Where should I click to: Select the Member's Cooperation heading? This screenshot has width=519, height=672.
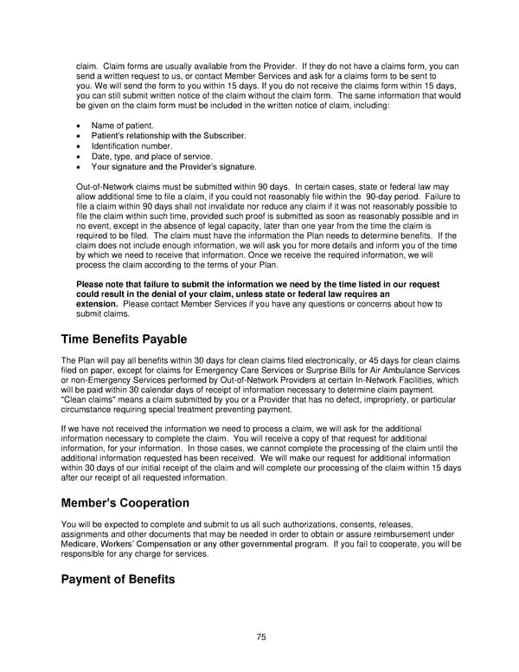pyautogui.click(x=125, y=502)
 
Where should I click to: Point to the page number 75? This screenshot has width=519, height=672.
pyautogui.click(x=260, y=637)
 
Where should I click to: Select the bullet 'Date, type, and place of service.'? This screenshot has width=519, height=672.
pyautogui.click(x=151, y=157)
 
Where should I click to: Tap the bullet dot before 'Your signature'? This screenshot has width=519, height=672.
pyautogui.click(x=80, y=167)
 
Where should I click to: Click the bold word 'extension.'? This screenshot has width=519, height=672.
pyautogui.click(x=98, y=304)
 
